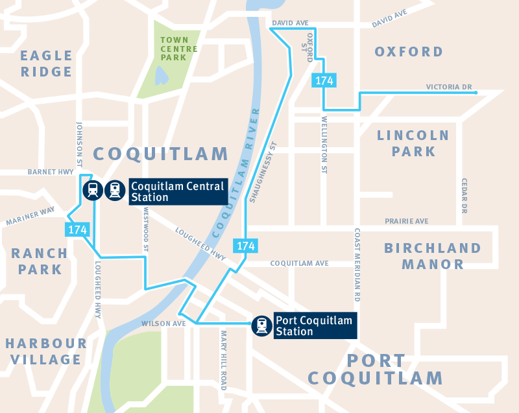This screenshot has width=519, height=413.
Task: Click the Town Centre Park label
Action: coord(179,49)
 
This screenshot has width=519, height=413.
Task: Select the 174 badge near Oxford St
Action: coord(324,80)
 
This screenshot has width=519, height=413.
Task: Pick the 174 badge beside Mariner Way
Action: coord(76,229)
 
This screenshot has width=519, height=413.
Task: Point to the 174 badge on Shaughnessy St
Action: coord(246,246)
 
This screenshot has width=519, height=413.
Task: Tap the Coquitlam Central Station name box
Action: coord(177,191)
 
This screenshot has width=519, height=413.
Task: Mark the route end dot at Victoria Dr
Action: coord(477,93)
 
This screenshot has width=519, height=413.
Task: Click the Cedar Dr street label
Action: coord(465,196)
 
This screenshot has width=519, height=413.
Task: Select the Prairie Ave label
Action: coord(406,221)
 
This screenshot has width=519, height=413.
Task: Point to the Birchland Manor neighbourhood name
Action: coord(433,256)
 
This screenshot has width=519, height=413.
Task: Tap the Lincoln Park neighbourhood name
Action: coord(413,143)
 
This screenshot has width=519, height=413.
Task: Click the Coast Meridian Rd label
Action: coord(357,265)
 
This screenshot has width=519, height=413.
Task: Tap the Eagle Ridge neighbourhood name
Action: coord(46,63)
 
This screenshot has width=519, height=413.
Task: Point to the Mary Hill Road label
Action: coord(224,360)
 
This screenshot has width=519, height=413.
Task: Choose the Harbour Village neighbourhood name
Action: coord(45,351)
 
